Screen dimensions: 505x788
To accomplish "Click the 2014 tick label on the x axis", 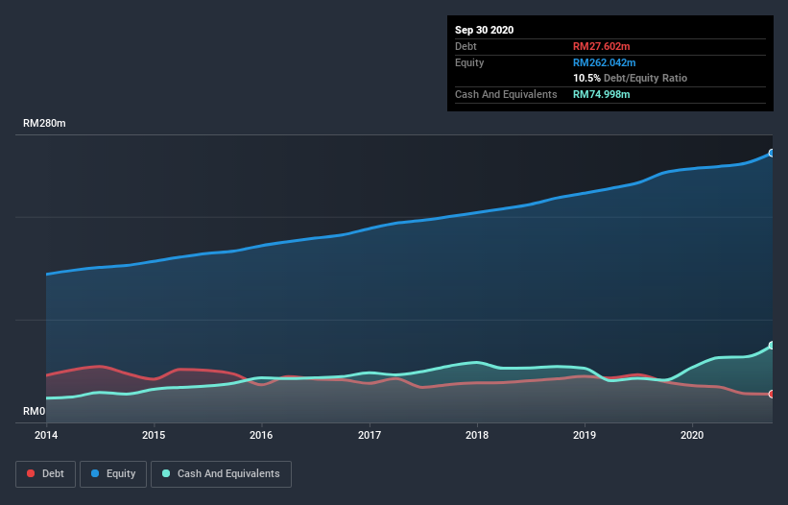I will tap(45, 435).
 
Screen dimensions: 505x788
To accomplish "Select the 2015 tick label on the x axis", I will tap(154, 435).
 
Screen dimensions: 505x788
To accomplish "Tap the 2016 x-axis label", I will tap(261, 435).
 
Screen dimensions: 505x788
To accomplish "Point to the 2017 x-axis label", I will tap(369, 435).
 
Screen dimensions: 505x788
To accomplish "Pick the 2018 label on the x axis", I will tap(476, 435).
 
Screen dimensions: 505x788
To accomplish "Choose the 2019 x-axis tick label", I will tap(584, 435).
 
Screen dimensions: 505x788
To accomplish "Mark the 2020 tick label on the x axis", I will tap(691, 435).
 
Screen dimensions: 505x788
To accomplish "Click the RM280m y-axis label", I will tap(44, 124).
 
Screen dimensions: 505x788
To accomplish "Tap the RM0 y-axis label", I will tap(34, 412).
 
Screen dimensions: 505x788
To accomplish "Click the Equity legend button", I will tap(113, 473).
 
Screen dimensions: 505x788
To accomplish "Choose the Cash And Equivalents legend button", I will tap(221, 473).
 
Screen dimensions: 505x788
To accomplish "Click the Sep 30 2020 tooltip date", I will tap(484, 30).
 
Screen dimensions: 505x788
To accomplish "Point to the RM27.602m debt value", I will tap(602, 46).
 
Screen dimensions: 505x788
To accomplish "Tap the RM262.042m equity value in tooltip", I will tap(605, 62).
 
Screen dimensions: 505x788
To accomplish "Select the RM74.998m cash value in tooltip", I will tap(602, 94).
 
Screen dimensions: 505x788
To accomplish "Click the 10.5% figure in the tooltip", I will tap(586, 78).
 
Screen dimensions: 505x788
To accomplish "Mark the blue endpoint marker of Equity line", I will tap(772, 153).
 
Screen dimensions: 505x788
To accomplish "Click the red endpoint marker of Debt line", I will tap(772, 394).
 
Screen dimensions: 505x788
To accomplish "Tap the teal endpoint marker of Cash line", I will tap(772, 346).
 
